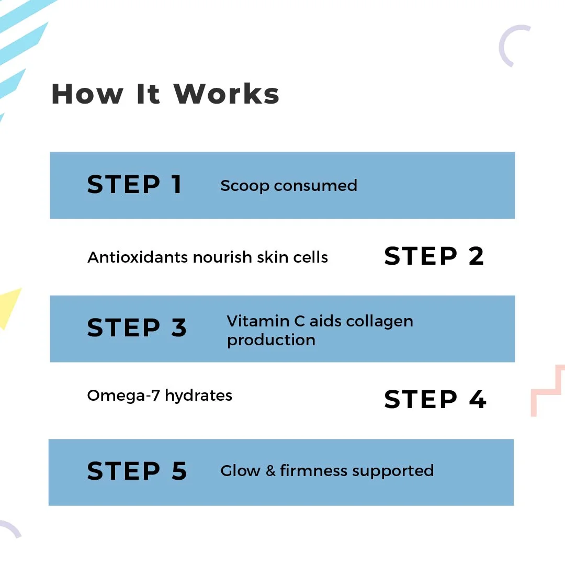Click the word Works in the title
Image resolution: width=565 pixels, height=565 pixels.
(227, 94)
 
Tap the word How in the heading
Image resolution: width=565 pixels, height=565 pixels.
(87, 94)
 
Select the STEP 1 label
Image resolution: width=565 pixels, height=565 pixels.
(134, 185)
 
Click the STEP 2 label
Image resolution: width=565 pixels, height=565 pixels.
(434, 256)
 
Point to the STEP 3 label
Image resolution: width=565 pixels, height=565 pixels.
(137, 328)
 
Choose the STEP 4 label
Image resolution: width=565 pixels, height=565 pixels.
(435, 399)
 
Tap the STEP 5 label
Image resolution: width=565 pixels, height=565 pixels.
(137, 471)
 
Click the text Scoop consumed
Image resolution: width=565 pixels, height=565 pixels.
(289, 186)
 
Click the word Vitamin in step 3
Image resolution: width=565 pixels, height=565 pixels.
(258, 321)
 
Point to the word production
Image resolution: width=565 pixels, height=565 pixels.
(272, 341)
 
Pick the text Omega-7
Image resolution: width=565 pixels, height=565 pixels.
(123, 395)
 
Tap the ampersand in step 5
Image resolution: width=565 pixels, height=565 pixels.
(270, 471)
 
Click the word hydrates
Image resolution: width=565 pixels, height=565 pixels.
(199, 396)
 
